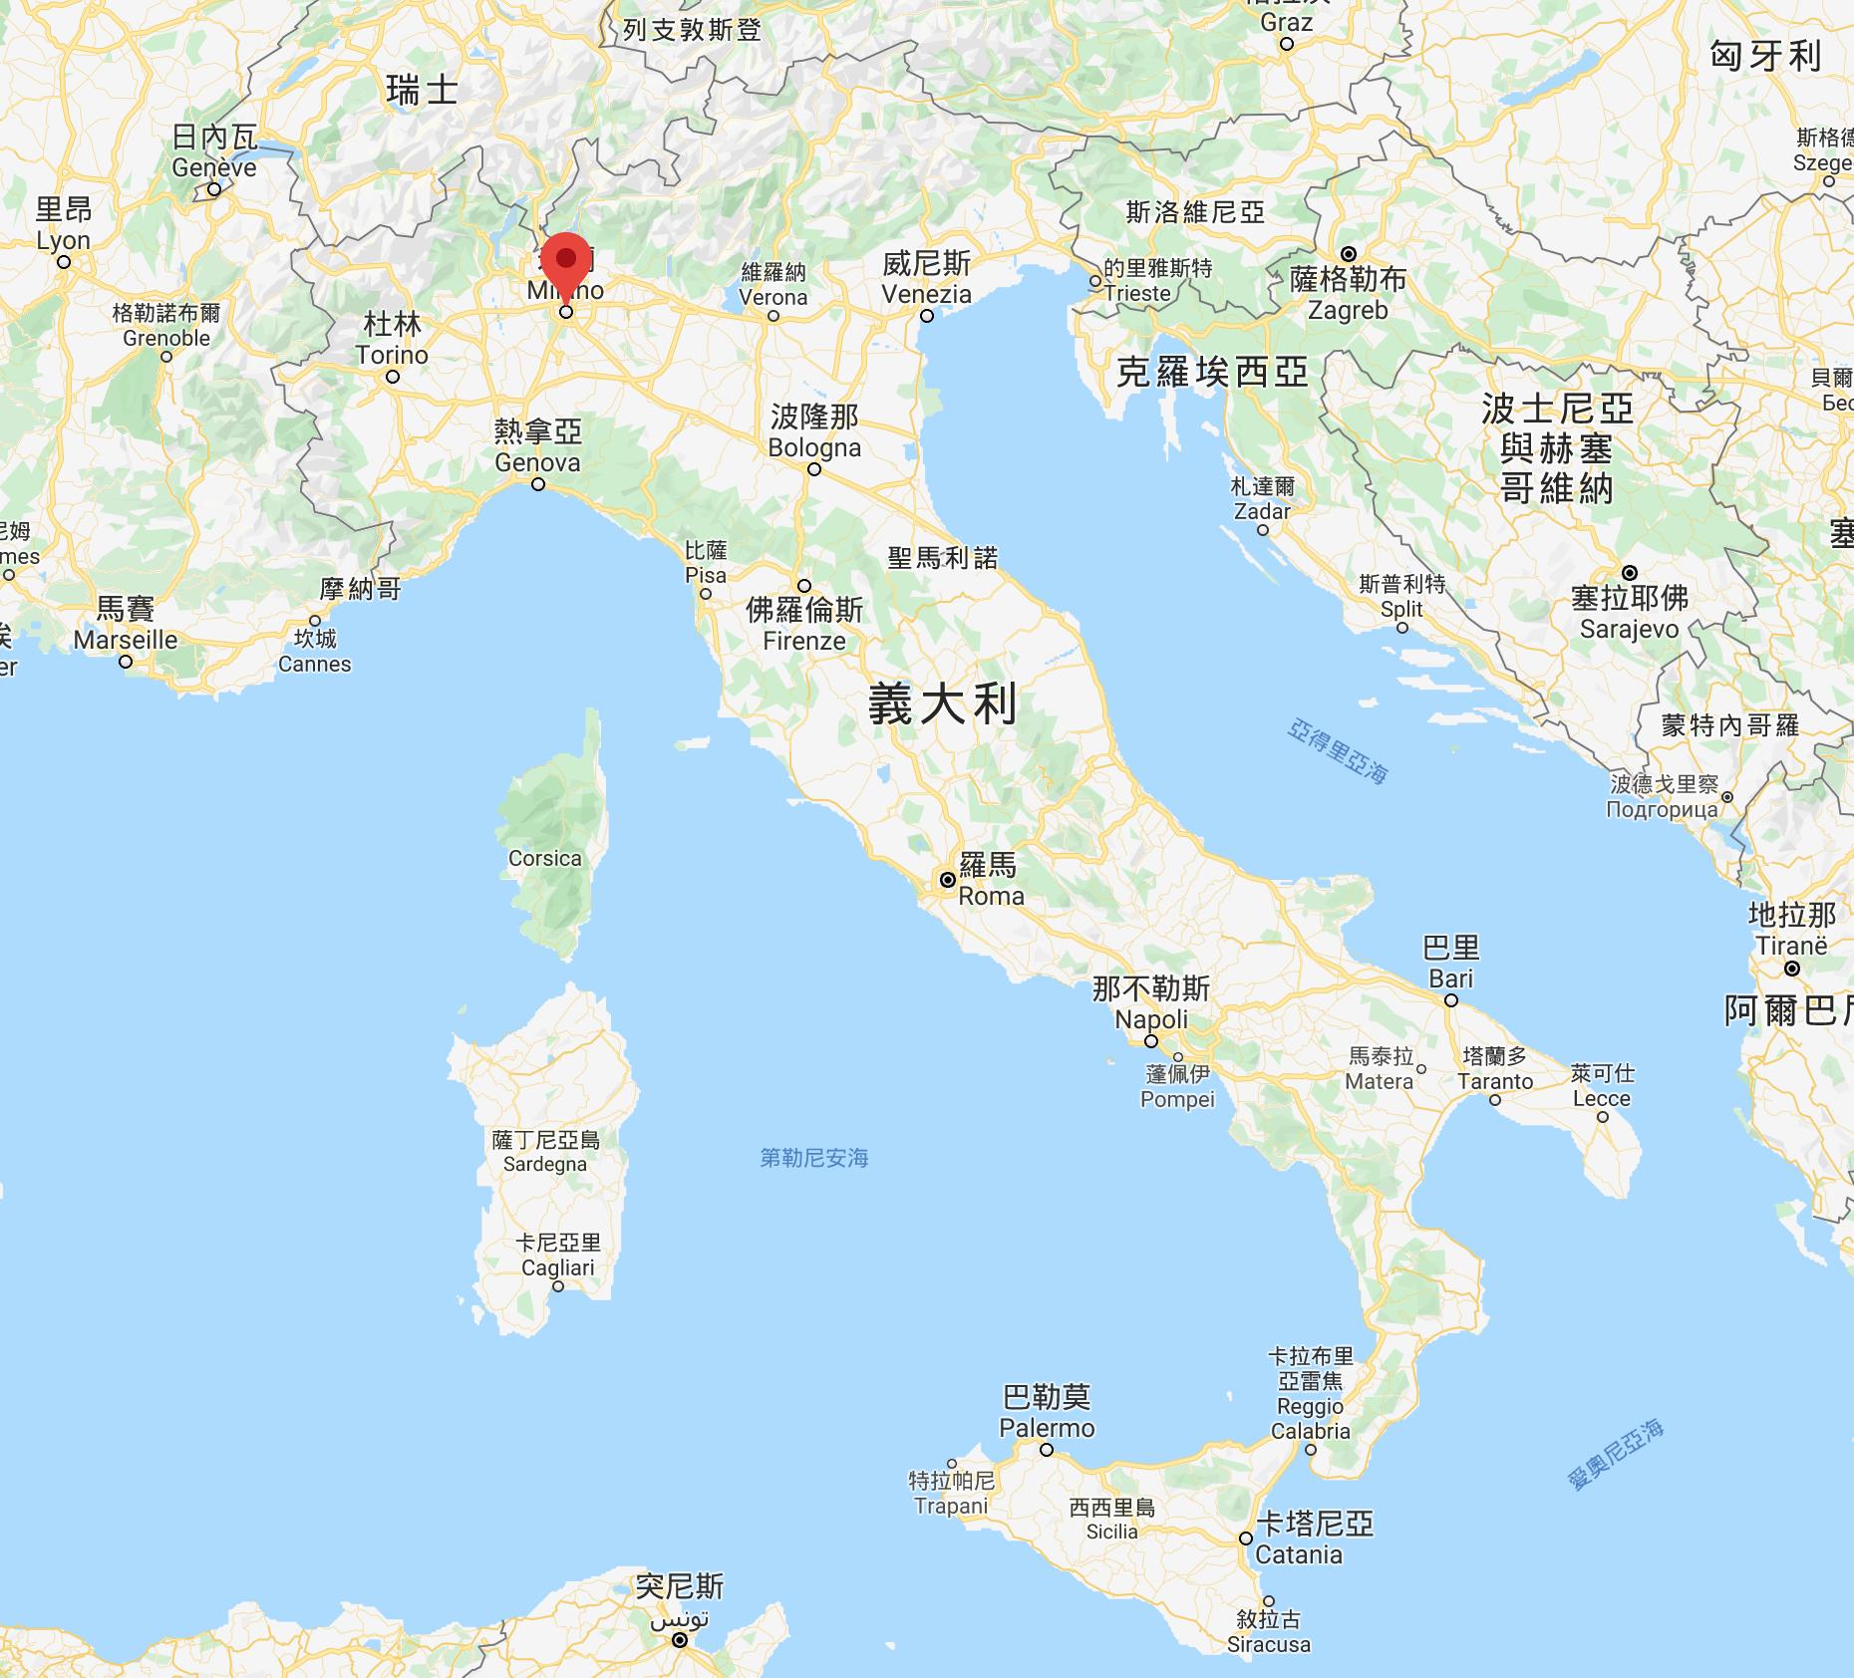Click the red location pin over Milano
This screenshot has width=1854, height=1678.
pos(566,261)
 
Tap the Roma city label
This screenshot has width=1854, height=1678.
pos(991,896)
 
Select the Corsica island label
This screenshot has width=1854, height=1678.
pos(544,858)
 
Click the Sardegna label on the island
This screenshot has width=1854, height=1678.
pos(544,1164)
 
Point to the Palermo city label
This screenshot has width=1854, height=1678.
pos(1047,1428)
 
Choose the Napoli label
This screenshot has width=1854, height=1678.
pos(1151,1019)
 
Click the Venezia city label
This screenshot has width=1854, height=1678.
pos(926,294)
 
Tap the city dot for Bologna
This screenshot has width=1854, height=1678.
pos(814,469)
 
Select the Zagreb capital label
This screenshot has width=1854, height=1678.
pos(1348,310)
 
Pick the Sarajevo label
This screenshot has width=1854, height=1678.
pos(1629,629)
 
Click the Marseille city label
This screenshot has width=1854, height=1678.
pos(126,640)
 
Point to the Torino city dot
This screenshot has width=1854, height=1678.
pos(393,377)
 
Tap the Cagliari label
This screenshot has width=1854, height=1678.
pos(557,1267)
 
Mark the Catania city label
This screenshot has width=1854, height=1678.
pos(1299,1554)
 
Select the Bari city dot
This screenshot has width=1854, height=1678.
pos(1451,999)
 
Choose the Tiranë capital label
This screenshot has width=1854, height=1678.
pos(1790,945)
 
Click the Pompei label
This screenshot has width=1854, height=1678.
pos(1178,1100)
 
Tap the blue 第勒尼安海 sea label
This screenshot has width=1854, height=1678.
pos(813,1158)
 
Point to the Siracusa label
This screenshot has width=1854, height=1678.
pos(1268,1644)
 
